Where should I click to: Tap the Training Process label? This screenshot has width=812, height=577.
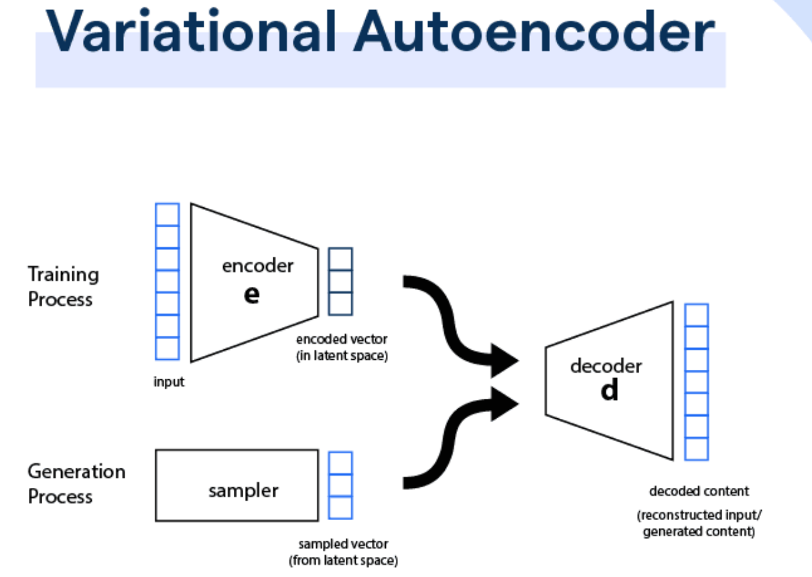click(63, 286)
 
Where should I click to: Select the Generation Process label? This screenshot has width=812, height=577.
click(76, 483)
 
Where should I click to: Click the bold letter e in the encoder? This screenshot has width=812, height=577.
click(251, 294)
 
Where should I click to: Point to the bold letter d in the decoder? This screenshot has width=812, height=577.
click(609, 390)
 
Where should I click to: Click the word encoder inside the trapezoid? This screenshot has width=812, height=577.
click(257, 266)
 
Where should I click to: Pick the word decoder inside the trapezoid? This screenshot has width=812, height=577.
click(606, 366)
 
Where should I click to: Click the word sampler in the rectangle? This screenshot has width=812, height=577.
click(243, 490)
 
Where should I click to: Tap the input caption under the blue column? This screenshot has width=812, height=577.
click(168, 383)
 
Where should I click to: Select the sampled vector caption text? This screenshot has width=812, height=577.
click(343, 552)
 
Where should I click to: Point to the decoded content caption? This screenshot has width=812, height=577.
click(699, 491)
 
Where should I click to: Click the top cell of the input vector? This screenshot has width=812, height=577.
click(167, 214)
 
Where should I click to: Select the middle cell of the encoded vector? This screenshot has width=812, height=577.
click(340, 281)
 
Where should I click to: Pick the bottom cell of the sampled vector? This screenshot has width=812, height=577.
click(340, 507)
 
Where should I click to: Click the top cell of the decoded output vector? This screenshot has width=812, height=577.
click(697, 315)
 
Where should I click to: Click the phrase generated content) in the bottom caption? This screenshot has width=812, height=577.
click(699, 533)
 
